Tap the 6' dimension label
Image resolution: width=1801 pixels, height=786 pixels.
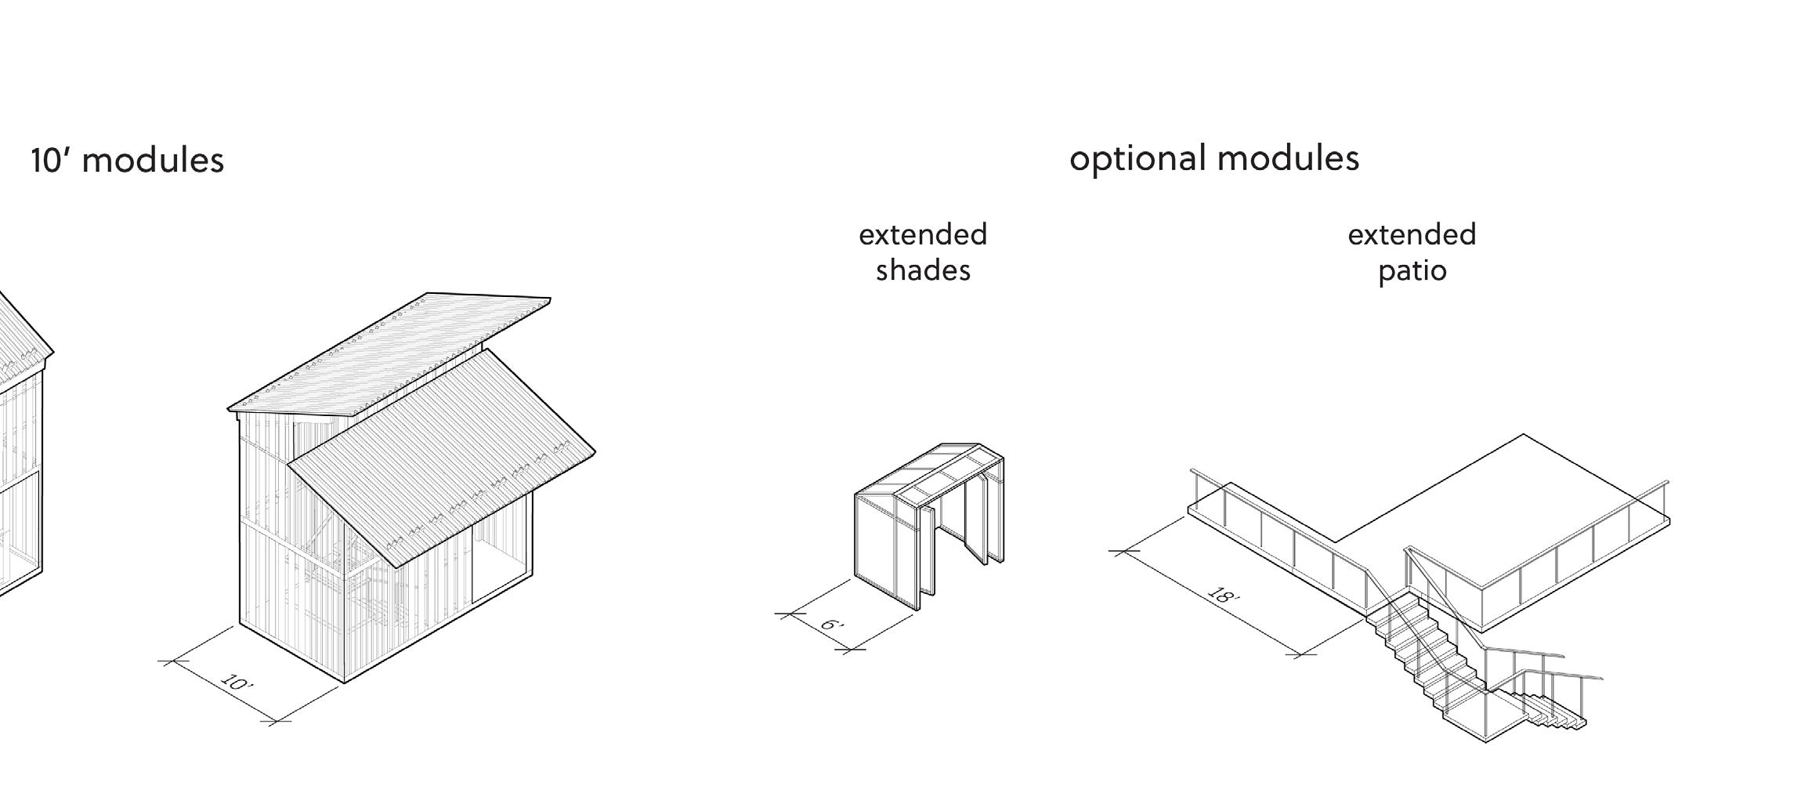pyautogui.click(x=832, y=625)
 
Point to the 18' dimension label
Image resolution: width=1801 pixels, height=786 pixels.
pyautogui.click(x=1223, y=596)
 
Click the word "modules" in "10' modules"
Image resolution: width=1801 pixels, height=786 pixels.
pyautogui.click(x=153, y=161)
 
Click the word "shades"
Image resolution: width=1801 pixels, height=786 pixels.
pyautogui.click(x=923, y=271)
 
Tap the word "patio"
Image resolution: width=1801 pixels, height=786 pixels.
pyautogui.click(x=1412, y=271)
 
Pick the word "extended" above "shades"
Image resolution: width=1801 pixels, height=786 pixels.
pyautogui.click(x=923, y=235)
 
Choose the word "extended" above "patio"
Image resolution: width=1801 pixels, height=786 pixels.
pyautogui.click(x=1412, y=235)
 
